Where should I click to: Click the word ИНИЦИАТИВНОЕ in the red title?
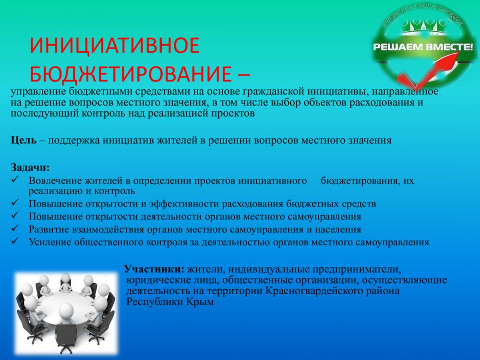click(x=115, y=45)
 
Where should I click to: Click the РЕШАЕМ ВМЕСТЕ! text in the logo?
click(x=423, y=47)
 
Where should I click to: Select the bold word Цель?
click(x=24, y=141)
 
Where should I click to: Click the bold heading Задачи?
click(x=30, y=168)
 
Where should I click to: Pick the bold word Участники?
click(x=154, y=269)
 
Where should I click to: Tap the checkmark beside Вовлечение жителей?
click(x=15, y=180)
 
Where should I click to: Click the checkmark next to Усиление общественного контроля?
click(x=15, y=241)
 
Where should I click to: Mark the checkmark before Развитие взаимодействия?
click(x=15, y=228)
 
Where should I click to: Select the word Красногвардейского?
click(x=314, y=290)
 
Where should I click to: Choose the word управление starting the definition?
click(x=38, y=92)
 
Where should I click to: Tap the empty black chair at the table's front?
click(x=66, y=337)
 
